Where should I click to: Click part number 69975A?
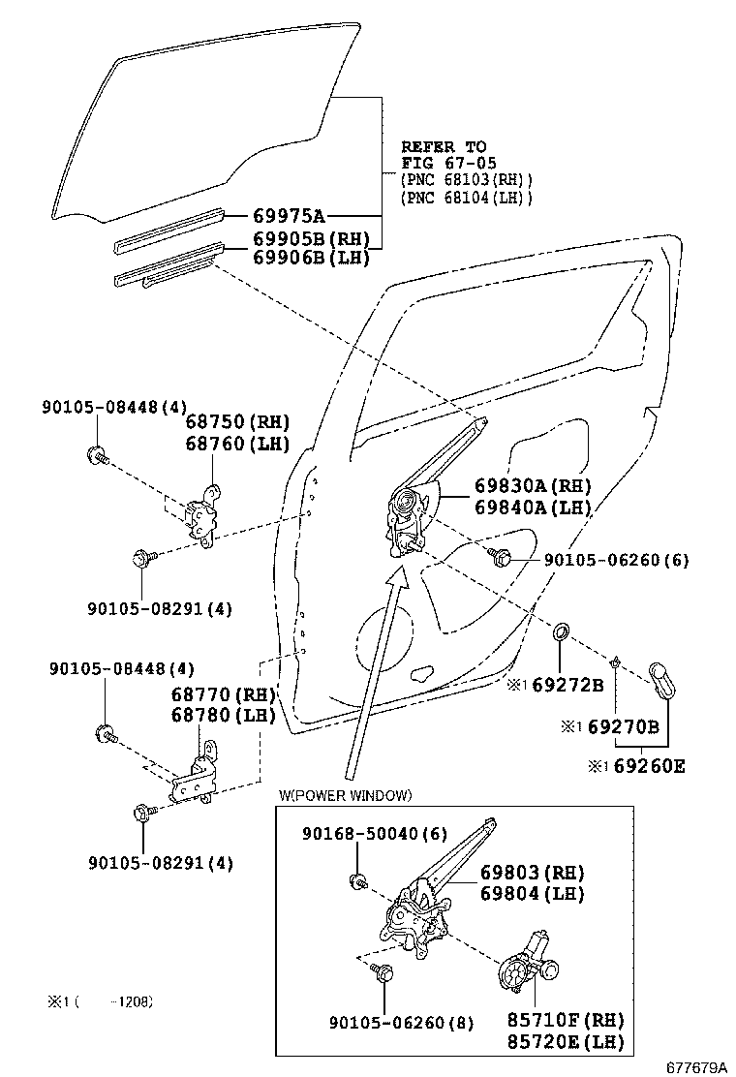(x=289, y=216)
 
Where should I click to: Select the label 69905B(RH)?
(x=310, y=239)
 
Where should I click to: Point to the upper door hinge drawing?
(x=204, y=515)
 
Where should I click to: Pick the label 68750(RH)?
(x=237, y=422)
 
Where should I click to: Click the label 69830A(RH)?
(x=532, y=486)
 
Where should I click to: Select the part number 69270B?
(x=623, y=726)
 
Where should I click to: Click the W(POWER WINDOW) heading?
(x=345, y=795)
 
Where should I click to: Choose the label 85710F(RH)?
(x=566, y=1020)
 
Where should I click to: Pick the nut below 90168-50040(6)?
(x=357, y=880)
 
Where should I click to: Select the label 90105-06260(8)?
(x=401, y=1022)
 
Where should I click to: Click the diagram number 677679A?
(x=695, y=1066)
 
